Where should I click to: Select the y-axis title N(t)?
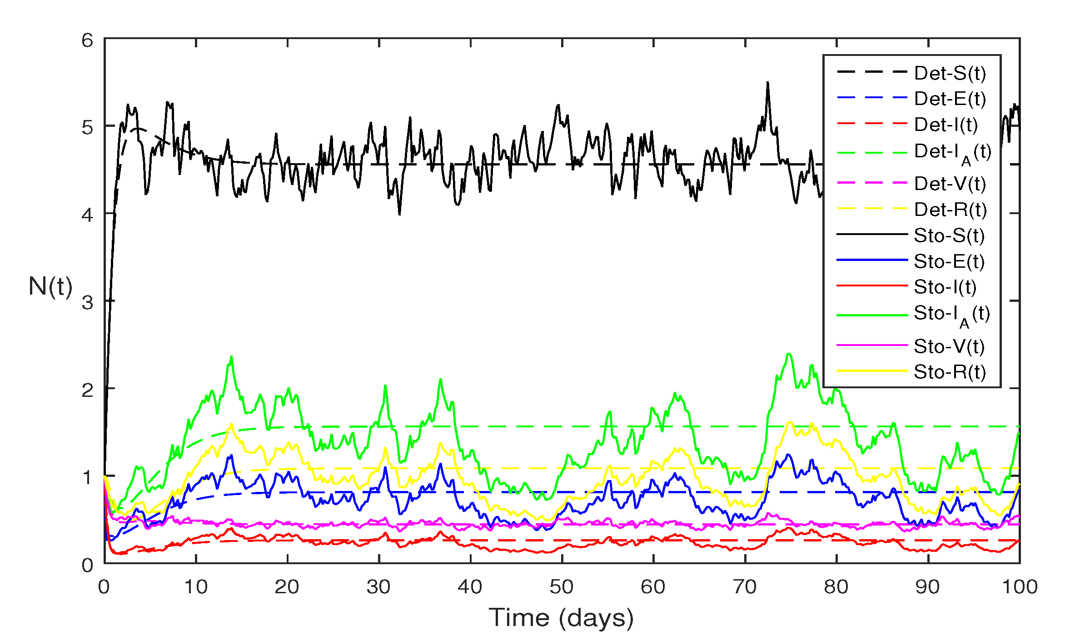(x=50, y=286)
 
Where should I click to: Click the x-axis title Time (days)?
(x=561, y=618)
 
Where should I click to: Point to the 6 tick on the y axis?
(x=87, y=41)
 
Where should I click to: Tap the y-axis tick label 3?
(x=87, y=303)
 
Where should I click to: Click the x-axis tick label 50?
(x=562, y=587)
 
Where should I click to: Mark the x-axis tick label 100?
(x=1020, y=587)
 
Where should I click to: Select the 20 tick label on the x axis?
(x=287, y=587)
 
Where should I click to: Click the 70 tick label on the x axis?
(x=745, y=587)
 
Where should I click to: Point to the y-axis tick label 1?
(x=87, y=478)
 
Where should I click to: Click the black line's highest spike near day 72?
(x=767, y=83)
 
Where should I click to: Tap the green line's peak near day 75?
(x=789, y=354)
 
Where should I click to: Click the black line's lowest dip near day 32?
(x=399, y=214)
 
